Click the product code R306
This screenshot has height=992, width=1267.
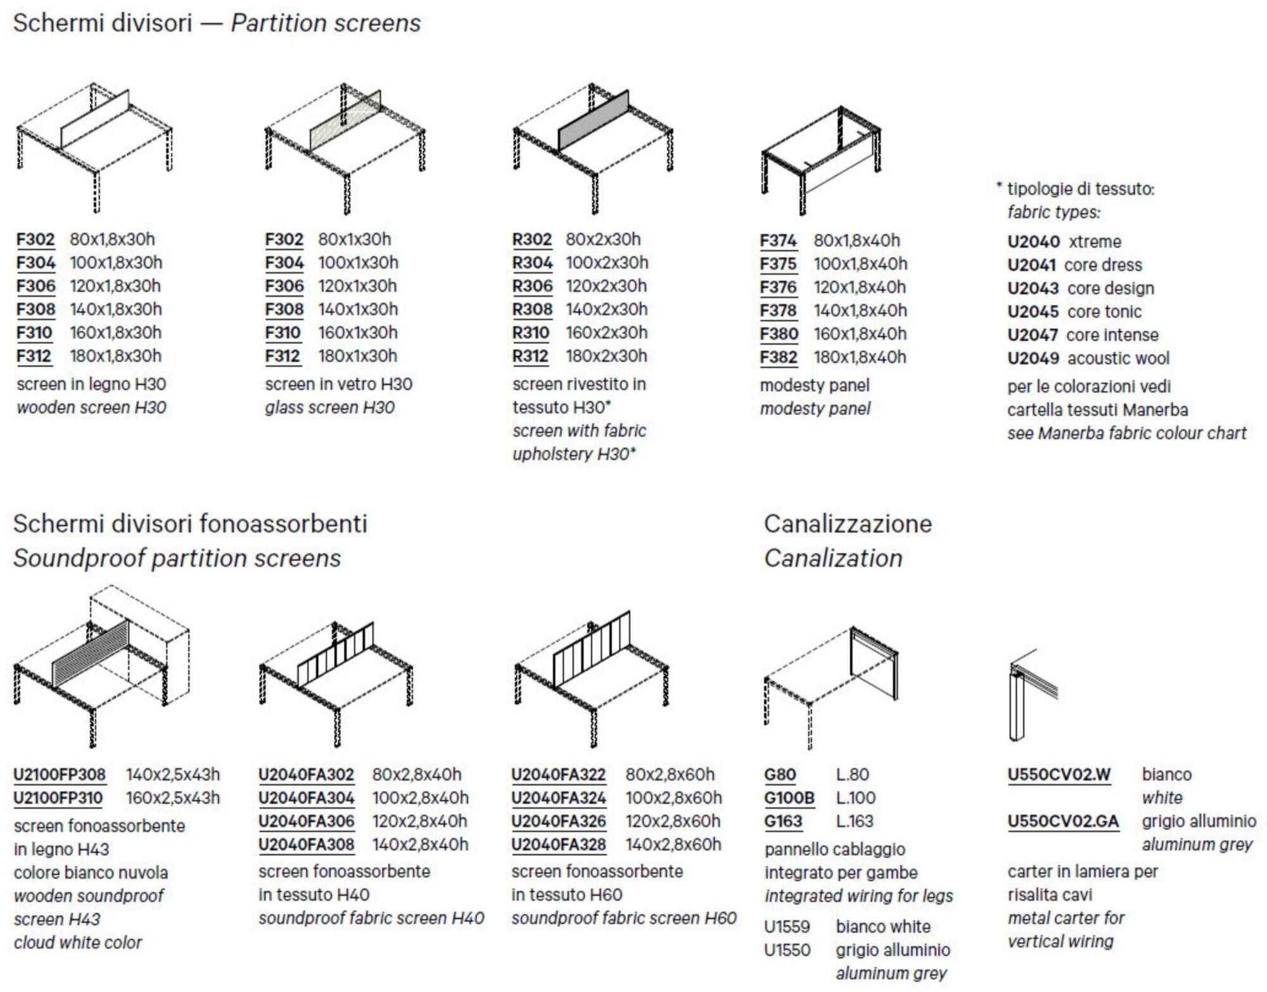[x=532, y=286]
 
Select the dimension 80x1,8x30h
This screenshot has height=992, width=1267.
[x=112, y=239]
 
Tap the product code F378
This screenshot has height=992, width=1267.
[x=778, y=310]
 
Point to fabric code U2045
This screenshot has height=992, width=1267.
[x=1033, y=312]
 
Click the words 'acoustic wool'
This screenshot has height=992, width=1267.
[x=1118, y=359]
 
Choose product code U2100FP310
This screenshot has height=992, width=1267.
[x=58, y=798]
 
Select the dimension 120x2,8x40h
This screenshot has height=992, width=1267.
[x=419, y=822]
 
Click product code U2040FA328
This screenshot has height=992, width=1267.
[x=558, y=845]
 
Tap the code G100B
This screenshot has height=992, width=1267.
[x=789, y=798]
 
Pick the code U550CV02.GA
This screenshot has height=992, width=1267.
[x=1063, y=822]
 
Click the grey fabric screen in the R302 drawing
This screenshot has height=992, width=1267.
[x=592, y=120]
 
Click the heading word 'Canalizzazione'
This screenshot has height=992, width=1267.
[x=848, y=524]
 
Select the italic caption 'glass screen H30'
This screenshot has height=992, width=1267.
[x=329, y=407]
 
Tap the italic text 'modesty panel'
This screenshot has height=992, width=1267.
[x=815, y=409]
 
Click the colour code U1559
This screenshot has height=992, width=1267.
[x=787, y=927]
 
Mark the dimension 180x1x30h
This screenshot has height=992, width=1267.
[x=357, y=356]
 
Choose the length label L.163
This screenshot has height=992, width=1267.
[x=854, y=822]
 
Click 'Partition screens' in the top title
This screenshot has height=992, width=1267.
[x=326, y=23]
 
